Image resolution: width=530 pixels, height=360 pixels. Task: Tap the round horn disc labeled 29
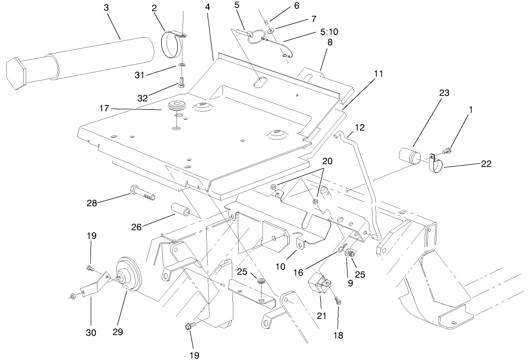[127, 278]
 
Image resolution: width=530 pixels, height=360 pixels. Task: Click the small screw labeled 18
[338, 300]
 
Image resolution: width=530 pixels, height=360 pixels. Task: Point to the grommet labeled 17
[176, 106]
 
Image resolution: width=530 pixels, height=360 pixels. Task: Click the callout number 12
[359, 127]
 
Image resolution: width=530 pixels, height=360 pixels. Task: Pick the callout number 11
[378, 74]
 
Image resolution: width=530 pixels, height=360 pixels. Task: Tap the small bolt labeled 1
[448, 149]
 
